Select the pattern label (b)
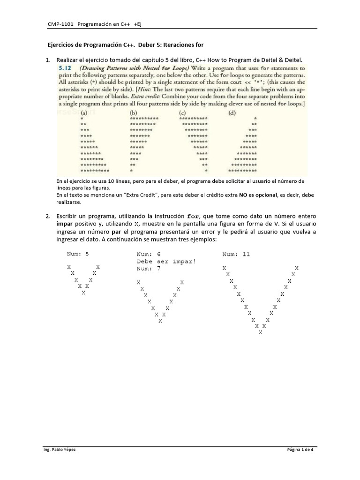coord(134,112)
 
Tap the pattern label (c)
coord(184,112)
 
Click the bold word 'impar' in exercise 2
coord(65,224)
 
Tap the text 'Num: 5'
coord(77,254)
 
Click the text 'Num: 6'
coord(148,254)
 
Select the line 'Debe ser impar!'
coord(166,262)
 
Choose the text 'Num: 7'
coord(148,269)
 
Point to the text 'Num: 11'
coord(236,254)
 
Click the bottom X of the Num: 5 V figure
coord(83,292)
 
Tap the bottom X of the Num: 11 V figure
coord(260,333)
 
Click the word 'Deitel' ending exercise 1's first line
coord(295,60)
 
